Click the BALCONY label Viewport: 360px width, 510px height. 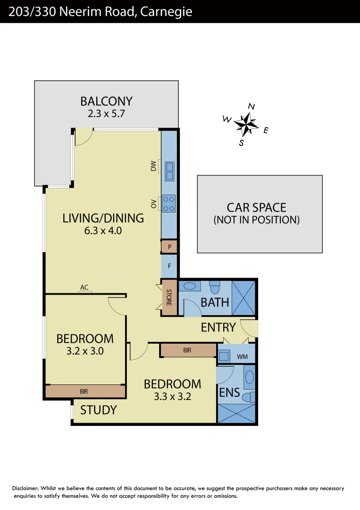coord(106,101)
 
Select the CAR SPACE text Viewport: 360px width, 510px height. coord(256,207)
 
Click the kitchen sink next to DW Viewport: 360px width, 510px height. coord(169,171)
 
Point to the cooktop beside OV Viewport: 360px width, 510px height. coord(169,203)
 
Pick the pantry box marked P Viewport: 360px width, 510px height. coord(169,246)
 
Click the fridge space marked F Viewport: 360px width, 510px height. coord(169,266)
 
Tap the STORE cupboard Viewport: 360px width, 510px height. coord(168,297)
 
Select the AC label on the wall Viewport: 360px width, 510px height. coord(84,287)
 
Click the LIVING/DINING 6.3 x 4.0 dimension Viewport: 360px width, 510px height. coord(103,231)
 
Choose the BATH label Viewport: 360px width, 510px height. coord(215,302)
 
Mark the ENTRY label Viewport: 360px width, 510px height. coord(218,327)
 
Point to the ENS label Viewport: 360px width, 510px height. coord(229,392)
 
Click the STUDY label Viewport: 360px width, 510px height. coord(98,410)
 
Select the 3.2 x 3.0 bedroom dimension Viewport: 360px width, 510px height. coord(84,351)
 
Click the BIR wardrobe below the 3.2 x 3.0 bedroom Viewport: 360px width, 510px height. coord(84,391)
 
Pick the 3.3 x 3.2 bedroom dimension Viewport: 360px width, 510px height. coord(172,396)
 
